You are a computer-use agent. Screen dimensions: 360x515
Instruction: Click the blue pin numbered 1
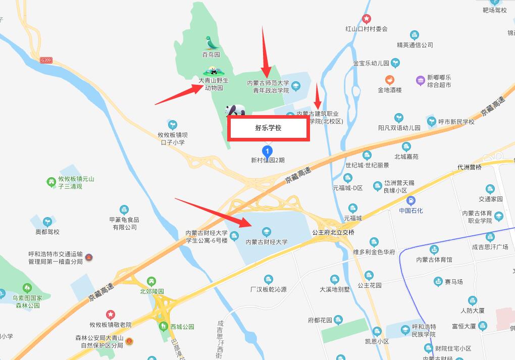click(x=266, y=150)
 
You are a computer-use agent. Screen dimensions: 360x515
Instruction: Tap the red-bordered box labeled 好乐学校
click(x=268, y=128)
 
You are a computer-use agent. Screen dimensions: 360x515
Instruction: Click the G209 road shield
click(x=46, y=60)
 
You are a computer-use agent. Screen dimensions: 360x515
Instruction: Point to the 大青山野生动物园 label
click(x=213, y=84)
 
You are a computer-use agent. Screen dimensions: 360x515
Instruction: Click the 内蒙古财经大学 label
click(x=267, y=242)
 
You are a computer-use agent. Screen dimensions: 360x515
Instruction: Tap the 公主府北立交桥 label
click(x=333, y=233)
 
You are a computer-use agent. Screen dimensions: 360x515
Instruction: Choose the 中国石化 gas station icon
click(x=410, y=200)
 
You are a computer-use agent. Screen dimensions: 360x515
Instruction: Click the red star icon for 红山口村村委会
click(x=366, y=19)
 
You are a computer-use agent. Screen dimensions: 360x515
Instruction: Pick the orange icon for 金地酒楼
click(x=390, y=80)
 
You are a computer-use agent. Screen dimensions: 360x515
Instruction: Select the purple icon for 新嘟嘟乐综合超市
click(x=420, y=80)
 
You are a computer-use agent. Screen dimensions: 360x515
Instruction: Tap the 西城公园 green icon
click(x=164, y=326)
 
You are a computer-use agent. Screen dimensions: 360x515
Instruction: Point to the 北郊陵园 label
click(x=152, y=291)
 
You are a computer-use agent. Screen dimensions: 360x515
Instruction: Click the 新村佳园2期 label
click(x=268, y=160)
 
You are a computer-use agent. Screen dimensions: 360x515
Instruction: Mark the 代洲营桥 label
click(x=470, y=167)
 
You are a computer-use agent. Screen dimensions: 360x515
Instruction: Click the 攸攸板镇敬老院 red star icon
click(x=110, y=315)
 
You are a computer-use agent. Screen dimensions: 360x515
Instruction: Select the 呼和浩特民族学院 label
click(x=424, y=330)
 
